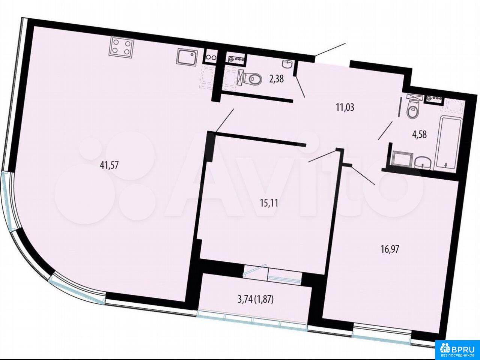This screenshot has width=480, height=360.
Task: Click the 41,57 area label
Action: (x=109, y=165)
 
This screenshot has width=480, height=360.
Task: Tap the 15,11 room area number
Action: (x=269, y=203)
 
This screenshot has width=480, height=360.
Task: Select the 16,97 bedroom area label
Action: (x=390, y=249)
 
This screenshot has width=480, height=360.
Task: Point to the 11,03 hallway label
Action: (x=345, y=107)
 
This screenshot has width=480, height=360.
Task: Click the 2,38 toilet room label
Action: (x=277, y=79)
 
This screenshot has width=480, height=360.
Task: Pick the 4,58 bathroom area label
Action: (x=419, y=135)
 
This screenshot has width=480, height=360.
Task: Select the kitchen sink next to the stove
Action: (x=187, y=56)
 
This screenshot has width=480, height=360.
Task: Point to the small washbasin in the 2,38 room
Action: (x=287, y=64)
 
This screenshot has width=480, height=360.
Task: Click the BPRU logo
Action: (x=457, y=350)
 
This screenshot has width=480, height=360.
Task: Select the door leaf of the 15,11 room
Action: (x=322, y=156)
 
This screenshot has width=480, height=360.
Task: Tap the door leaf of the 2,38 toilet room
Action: (x=300, y=86)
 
